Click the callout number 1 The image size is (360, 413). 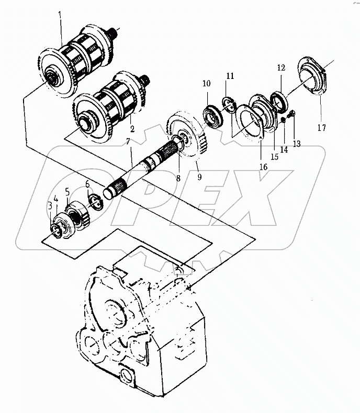[x=60, y=22]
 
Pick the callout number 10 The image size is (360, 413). [x=206, y=84]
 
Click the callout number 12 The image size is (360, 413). [x=281, y=68]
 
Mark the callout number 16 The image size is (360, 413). [x=263, y=167]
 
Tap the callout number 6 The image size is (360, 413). [x=88, y=185]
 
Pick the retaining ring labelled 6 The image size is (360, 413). [x=95, y=202]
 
